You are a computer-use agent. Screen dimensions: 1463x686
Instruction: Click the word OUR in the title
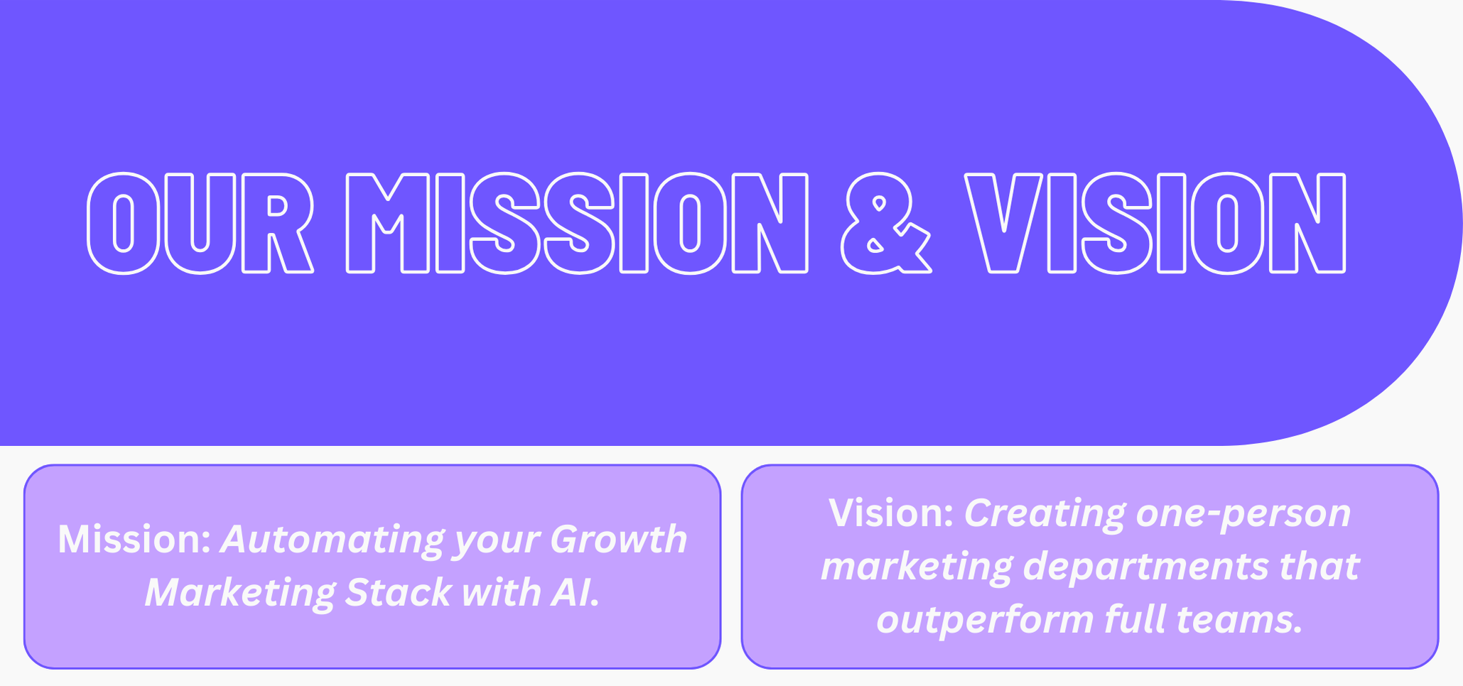[x=200, y=223]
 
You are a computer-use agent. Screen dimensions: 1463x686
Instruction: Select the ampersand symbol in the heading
[x=886, y=223]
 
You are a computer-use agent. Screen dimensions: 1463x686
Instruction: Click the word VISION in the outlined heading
[x=1155, y=223]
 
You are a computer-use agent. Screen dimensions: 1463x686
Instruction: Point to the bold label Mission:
[x=134, y=539]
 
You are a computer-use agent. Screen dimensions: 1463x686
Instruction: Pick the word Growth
[x=618, y=539]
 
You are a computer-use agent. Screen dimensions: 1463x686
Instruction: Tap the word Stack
[x=398, y=592]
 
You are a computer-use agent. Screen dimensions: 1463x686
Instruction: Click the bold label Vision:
[x=891, y=513]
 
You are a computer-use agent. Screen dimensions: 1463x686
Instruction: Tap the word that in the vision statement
[x=1319, y=567]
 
